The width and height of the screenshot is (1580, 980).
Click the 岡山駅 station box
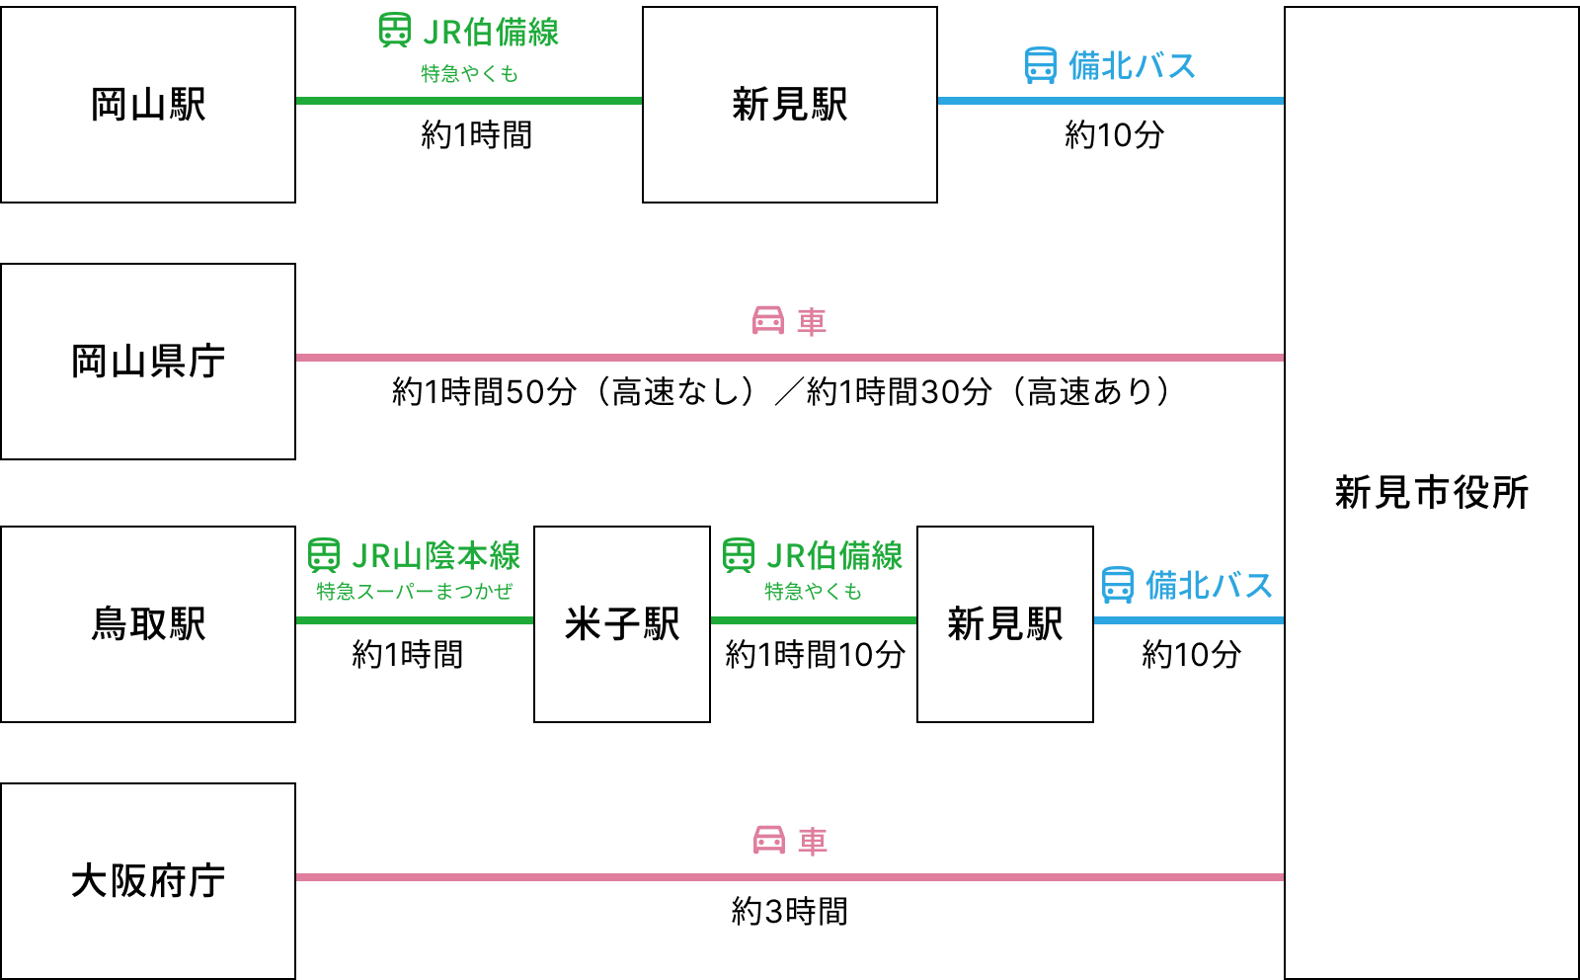pyautogui.click(x=148, y=105)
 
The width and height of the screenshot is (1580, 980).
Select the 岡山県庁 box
pyautogui.click(x=148, y=362)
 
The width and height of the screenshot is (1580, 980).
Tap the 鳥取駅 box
pyautogui.click(x=148, y=624)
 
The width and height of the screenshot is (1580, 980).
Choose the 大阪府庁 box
pyautogui.click(x=148, y=881)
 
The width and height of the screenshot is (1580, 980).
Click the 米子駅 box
pyautogui.click(x=622, y=624)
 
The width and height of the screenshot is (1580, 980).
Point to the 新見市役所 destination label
pyautogui.click(x=1432, y=492)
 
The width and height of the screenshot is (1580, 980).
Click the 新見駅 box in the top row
pyautogui.click(x=790, y=105)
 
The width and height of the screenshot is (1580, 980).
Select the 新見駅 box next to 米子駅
pyautogui.click(x=1005, y=624)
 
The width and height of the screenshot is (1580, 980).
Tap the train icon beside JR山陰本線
pyautogui.click(x=324, y=555)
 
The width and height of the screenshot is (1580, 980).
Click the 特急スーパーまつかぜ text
pyautogui.click(x=415, y=592)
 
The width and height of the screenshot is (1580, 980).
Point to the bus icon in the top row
pyautogui.click(x=1041, y=65)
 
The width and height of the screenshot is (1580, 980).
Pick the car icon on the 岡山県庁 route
pyautogui.click(x=768, y=320)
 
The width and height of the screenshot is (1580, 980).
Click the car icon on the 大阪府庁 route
pyautogui.click(x=769, y=840)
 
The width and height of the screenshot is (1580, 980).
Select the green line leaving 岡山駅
pyautogui.click(x=469, y=101)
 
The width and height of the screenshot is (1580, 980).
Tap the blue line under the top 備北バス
pyautogui.click(x=1111, y=101)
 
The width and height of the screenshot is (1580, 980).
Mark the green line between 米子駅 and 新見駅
pyautogui.click(x=814, y=620)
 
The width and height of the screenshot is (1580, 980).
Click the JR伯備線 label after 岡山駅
pyautogui.click(x=491, y=32)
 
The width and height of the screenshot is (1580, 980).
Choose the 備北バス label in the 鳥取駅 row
pyautogui.click(x=1209, y=585)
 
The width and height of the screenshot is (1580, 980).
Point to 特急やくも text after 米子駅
pyautogui.click(x=814, y=592)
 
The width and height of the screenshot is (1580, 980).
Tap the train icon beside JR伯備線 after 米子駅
pyautogui.click(x=739, y=555)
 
